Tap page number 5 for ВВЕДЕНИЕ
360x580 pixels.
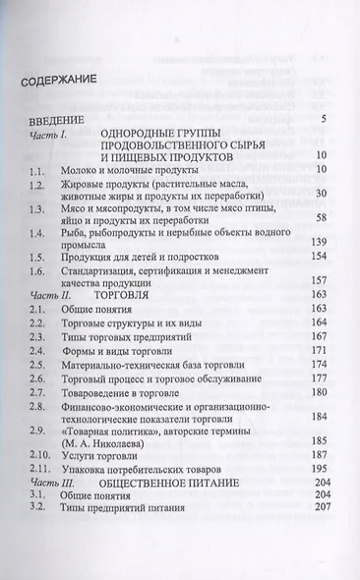click(x=322, y=119)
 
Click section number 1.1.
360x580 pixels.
click(x=37, y=170)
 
